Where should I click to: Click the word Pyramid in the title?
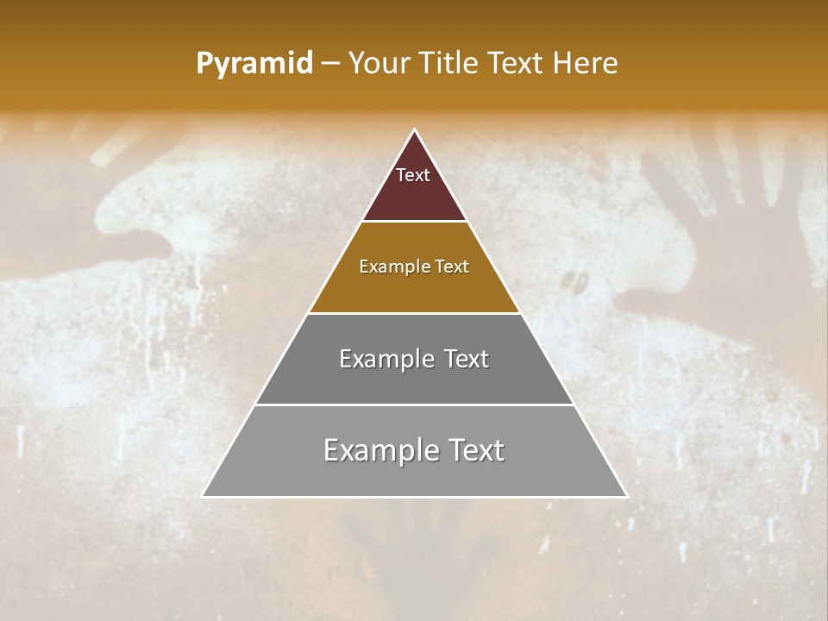point(254,63)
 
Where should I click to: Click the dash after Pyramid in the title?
point(329,64)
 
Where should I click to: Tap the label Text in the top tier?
point(413,175)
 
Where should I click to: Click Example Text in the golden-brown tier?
point(414,267)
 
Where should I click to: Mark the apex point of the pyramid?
point(415,131)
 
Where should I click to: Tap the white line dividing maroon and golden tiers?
point(414,222)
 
